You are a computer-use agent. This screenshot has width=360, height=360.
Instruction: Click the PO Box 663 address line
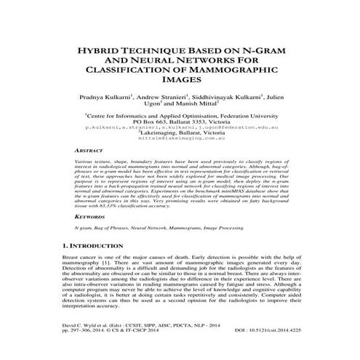pyautogui.click(x=179, y=121)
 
